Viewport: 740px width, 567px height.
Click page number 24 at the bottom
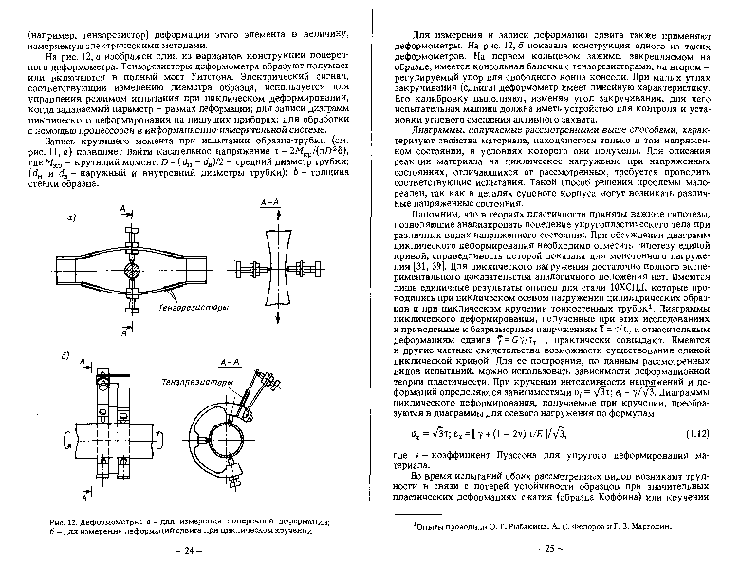pyautogui.click(x=194, y=549)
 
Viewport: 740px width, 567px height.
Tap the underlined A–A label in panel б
pyautogui.click(x=229, y=364)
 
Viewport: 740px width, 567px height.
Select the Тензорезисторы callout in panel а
pyautogui.click(x=194, y=308)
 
